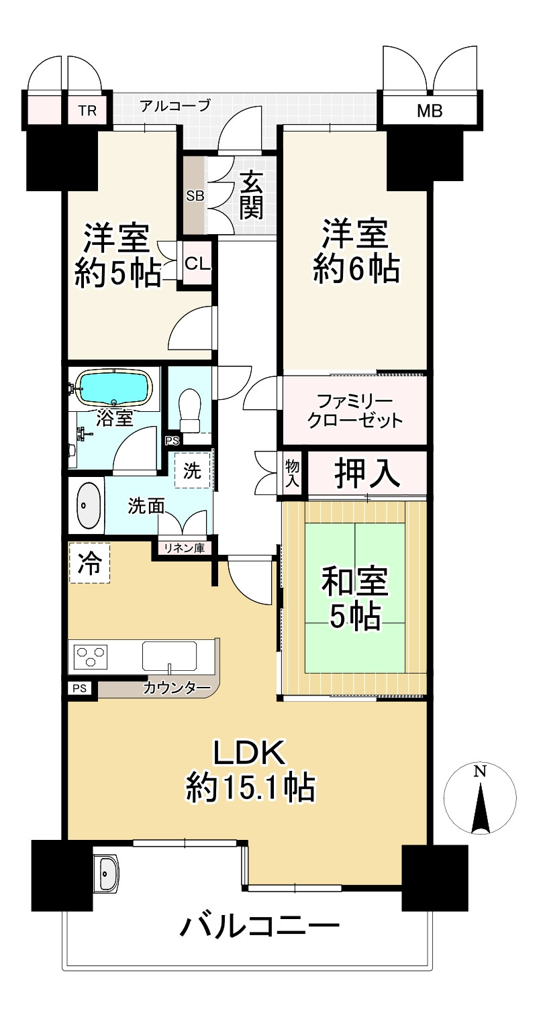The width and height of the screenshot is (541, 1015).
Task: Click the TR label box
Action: [x=88, y=110]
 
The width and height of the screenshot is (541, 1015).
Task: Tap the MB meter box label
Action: [x=430, y=111]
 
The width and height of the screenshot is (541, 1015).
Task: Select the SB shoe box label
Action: [x=195, y=196]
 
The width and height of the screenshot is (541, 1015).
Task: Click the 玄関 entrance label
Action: [x=250, y=195]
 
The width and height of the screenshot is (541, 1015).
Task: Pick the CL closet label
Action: [x=198, y=263]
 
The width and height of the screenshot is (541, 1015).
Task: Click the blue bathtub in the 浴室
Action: [x=114, y=388]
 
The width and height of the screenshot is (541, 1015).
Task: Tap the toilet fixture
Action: [x=190, y=410]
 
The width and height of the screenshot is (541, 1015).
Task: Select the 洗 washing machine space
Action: [x=193, y=470]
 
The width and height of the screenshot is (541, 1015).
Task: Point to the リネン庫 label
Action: [x=185, y=548]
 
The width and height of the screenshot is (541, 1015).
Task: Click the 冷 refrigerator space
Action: [x=90, y=564]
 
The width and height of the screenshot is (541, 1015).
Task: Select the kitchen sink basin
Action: [x=170, y=655]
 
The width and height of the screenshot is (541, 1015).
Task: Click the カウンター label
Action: [x=177, y=688]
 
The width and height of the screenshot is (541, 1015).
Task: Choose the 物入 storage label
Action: [x=293, y=474]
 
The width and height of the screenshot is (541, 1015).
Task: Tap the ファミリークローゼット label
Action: [x=355, y=411]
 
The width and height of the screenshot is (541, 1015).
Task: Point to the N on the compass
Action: [x=480, y=771]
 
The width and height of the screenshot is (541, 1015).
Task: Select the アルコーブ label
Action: [x=175, y=105]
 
